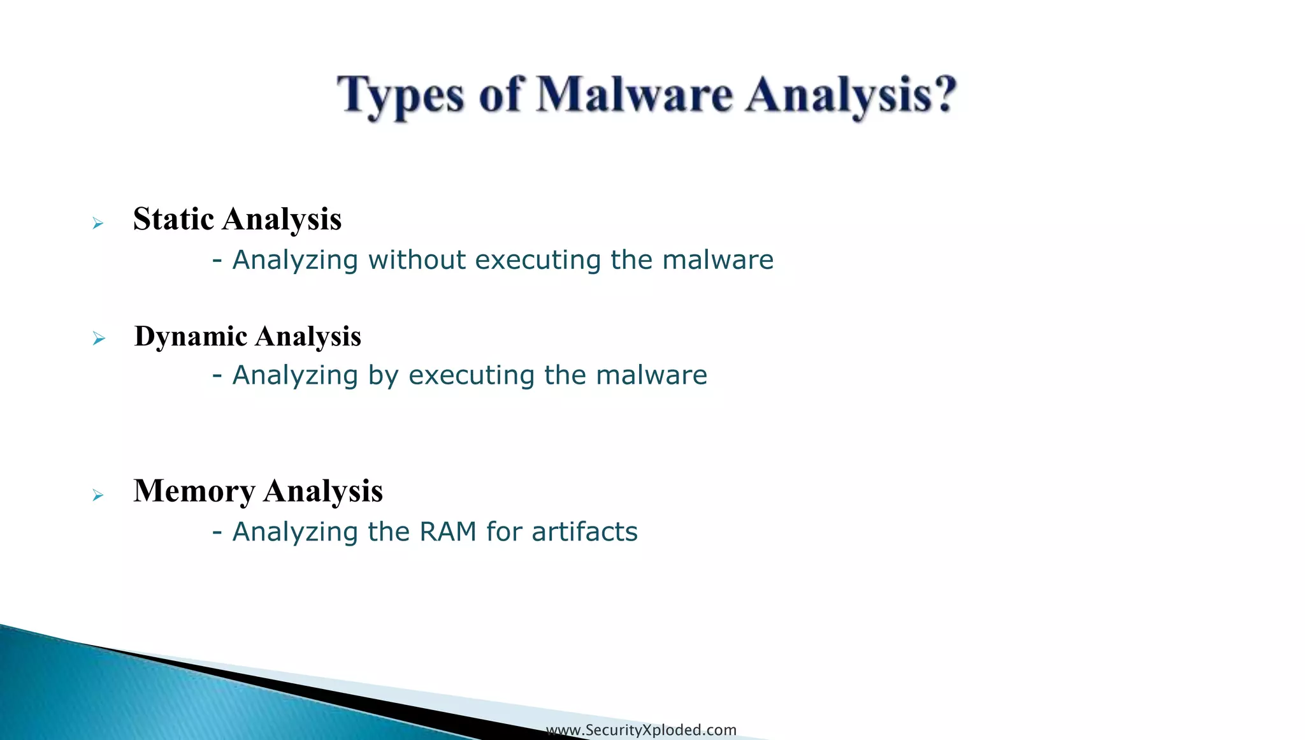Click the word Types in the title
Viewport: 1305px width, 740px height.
[x=400, y=96]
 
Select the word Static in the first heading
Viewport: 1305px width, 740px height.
[x=173, y=219]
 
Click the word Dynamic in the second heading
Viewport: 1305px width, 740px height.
[x=191, y=337]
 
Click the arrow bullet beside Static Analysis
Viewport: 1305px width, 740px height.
[x=97, y=224]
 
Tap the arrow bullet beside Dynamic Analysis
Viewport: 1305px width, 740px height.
[x=98, y=338]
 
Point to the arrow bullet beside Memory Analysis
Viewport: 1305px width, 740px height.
[x=97, y=495]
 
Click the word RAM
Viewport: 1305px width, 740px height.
[x=448, y=532]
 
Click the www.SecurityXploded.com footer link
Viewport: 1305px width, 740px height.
[x=641, y=730]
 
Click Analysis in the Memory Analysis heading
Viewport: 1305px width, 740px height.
[x=323, y=491]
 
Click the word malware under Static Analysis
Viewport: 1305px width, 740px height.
[x=717, y=260]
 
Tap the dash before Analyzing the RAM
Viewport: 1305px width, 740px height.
[x=217, y=531]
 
